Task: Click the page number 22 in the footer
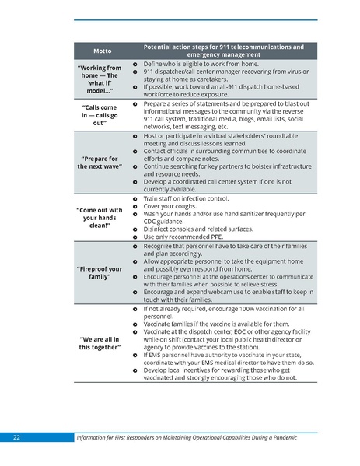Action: click(16, 439)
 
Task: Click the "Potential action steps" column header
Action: click(224, 51)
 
